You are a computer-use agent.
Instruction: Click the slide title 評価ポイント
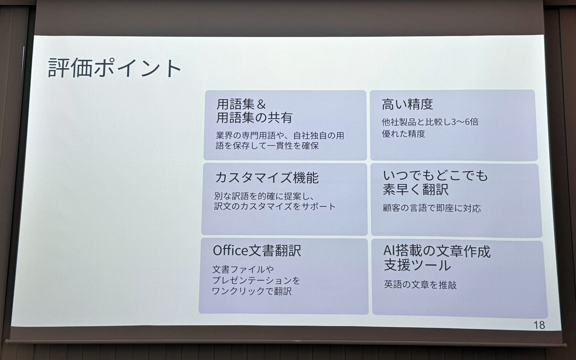click(115, 68)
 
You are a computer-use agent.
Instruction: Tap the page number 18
click(539, 325)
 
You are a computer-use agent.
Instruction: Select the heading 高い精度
click(407, 104)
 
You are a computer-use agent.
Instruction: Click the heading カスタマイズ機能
click(267, 178)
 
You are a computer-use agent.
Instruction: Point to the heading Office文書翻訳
click(256, 250)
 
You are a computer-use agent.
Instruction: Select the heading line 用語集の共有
click(254, 117)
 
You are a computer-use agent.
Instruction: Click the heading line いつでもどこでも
click(435, 175)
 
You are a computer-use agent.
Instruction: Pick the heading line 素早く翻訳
click(415, 190)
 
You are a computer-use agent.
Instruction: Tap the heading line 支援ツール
click(417, 265)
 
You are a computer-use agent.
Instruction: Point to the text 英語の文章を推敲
click(420, 285)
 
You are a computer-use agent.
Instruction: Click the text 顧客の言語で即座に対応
click(432, 208)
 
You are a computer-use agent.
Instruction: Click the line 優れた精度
click(403, 134)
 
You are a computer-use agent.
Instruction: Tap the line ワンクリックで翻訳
click(251, 291)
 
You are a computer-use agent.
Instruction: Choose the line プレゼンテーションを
click(256, 280)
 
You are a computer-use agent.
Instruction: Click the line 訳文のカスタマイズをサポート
click(274, 206)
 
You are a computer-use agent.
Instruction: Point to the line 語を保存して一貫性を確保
click(267, 146)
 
